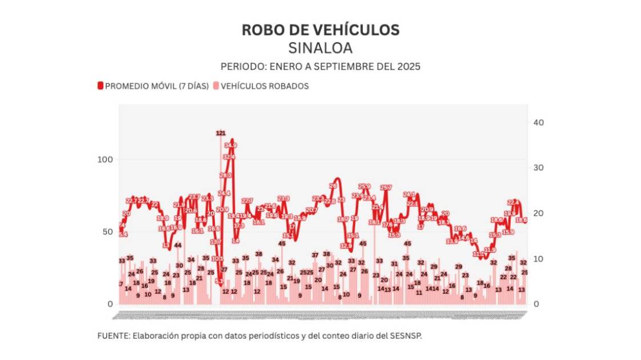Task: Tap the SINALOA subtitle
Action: pyautogui.click(x=320, y=48)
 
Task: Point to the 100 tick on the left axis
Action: pyautogui.click(x=106, y=159)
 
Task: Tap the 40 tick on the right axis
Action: pyautogui.click(x=538, y=123)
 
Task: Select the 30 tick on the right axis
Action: pyautogui.click(x=538, y=168)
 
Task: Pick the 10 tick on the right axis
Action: pyautogui.click(x=538, y=259)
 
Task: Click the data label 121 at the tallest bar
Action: pyautogui.click(x=221, y=133)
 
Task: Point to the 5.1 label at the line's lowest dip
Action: pyautogui.click(x=219, y=281)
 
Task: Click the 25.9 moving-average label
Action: pyautogui.click(x=364, y=186)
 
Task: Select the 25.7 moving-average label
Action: pyautogui.click(x=386, y=187)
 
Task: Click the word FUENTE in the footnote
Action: pyautogui.click(x=113, y=336)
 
